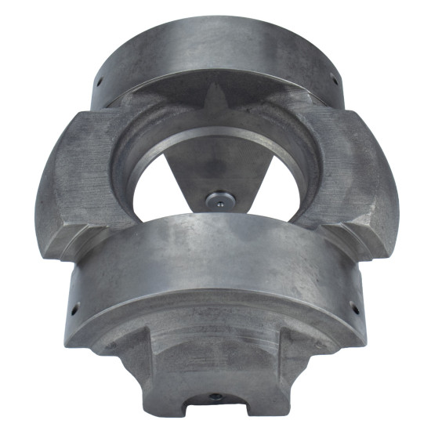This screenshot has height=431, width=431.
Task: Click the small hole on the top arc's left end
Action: (101, 79)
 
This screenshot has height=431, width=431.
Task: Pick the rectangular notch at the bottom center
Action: (215, 405)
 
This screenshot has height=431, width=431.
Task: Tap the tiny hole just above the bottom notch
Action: (215, 395)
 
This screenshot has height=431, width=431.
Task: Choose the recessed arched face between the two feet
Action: (215, 353)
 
